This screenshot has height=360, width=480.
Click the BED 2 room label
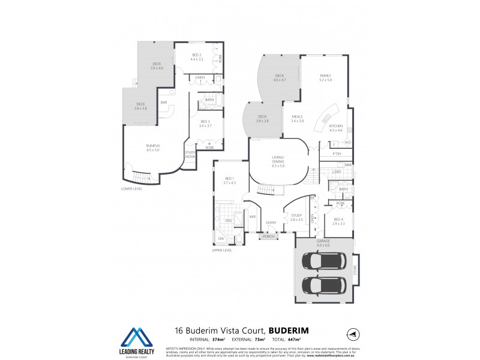tap(197, 55)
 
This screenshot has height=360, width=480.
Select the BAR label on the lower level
tap(163, 102)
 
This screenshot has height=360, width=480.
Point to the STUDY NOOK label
tap(190, 154)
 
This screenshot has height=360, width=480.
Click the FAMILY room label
tap(325, 76)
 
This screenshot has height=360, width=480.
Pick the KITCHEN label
tap(335, 126)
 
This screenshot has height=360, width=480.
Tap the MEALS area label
tap(297, 116)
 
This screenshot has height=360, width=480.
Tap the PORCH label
tap(268, 236)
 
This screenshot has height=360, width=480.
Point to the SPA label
tap(221, 238)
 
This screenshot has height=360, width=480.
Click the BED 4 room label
tap(338, 219)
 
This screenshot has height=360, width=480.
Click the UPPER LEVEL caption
tap(222, 250)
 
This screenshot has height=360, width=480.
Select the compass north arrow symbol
tap(352, 334)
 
